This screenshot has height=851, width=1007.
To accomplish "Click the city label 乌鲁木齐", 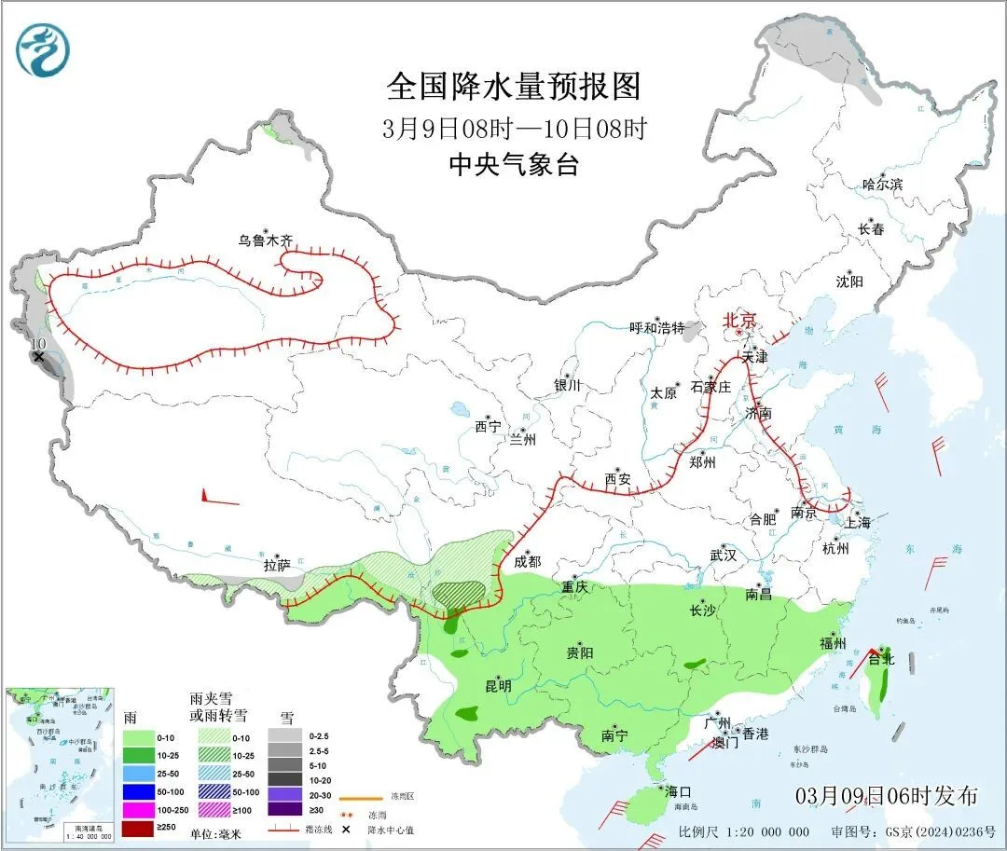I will [x=265, y=240].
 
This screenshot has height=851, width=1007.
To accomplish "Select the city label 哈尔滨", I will [x=882, y=185].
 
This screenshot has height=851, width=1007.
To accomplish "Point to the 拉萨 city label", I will [x=277, y=565].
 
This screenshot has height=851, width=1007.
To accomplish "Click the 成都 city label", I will [x=527, y=561].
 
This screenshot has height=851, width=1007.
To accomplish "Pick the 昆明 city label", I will [x=498, y=686].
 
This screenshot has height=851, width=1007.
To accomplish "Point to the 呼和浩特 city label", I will [x=656, y=328].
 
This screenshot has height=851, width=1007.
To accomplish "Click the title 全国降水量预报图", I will [x=515, y=88].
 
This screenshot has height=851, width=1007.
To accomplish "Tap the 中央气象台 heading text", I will [x=514, y=165].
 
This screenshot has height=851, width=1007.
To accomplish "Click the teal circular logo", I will [x=43, y=49].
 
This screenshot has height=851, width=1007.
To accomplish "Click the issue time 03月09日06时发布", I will [x=887, y=795].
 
